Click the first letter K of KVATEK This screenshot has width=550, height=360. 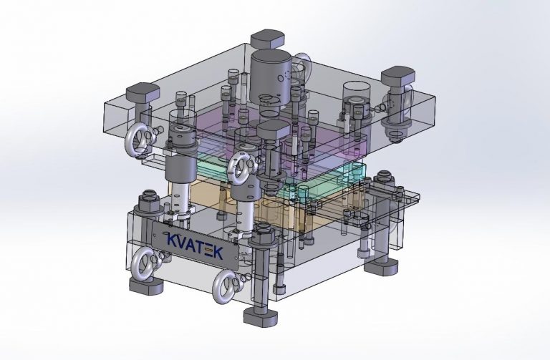point(173,240)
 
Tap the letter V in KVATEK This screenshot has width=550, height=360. point(185,242)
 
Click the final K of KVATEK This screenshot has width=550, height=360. point(218,253)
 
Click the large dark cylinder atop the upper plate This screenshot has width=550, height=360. point(270,77)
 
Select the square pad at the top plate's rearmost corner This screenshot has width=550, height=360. point(267,39)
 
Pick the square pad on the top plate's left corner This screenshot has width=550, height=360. point(143,92)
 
